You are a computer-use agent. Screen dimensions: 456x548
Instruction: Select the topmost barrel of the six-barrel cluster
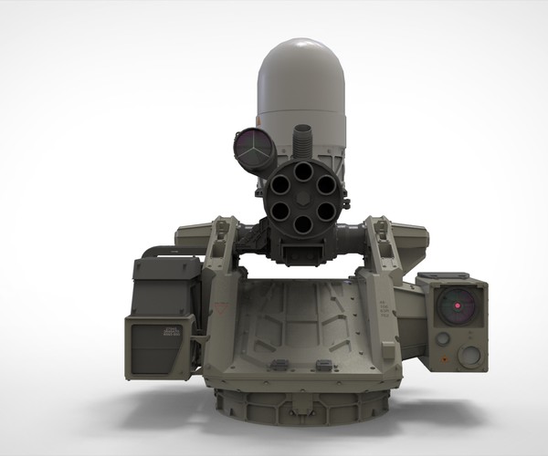(x=302, y=170)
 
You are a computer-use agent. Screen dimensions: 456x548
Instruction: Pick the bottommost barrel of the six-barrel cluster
(x=302, y=223)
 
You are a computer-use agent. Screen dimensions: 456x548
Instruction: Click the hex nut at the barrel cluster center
(x=302, y=197)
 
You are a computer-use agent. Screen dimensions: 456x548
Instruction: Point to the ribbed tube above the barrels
(x=300, y=142)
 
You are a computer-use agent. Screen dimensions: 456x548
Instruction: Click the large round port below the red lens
(x=469, y=356)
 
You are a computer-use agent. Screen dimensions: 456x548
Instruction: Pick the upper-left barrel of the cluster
(x=279, y=183)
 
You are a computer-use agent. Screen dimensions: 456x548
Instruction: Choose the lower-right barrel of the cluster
(x=325, y=211)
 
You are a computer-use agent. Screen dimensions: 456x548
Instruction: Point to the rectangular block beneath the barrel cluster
(x=300, y=249)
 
